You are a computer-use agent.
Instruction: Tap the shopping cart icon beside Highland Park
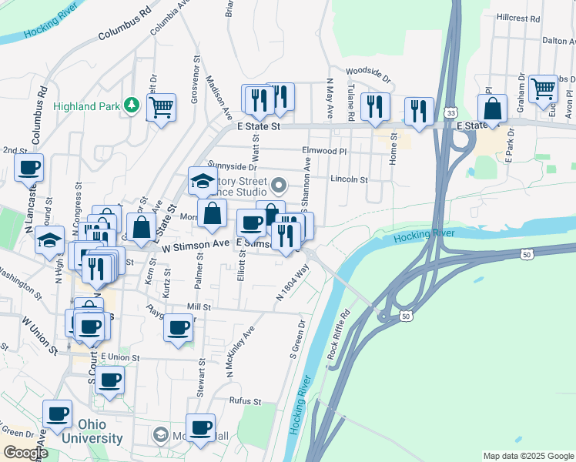coord(161,107)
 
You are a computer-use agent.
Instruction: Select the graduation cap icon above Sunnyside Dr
coord(203,182)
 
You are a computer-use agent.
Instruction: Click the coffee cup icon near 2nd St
coord(29,167)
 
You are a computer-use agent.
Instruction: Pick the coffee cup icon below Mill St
coord(179,327)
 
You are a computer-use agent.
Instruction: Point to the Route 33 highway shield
coord(450,112)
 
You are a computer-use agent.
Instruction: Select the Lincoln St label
coord(349,179)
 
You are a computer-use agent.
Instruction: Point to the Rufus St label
coord(246,401)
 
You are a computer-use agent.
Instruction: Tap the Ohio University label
coord(99,431)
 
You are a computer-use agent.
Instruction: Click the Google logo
coord(25,453)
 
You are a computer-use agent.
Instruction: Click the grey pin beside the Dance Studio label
coord(279,186)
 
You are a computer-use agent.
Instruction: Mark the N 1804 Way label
coord(293,283)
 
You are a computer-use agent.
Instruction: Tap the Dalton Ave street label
coord(559,41)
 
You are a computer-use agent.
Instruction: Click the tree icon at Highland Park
coord(132,106)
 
